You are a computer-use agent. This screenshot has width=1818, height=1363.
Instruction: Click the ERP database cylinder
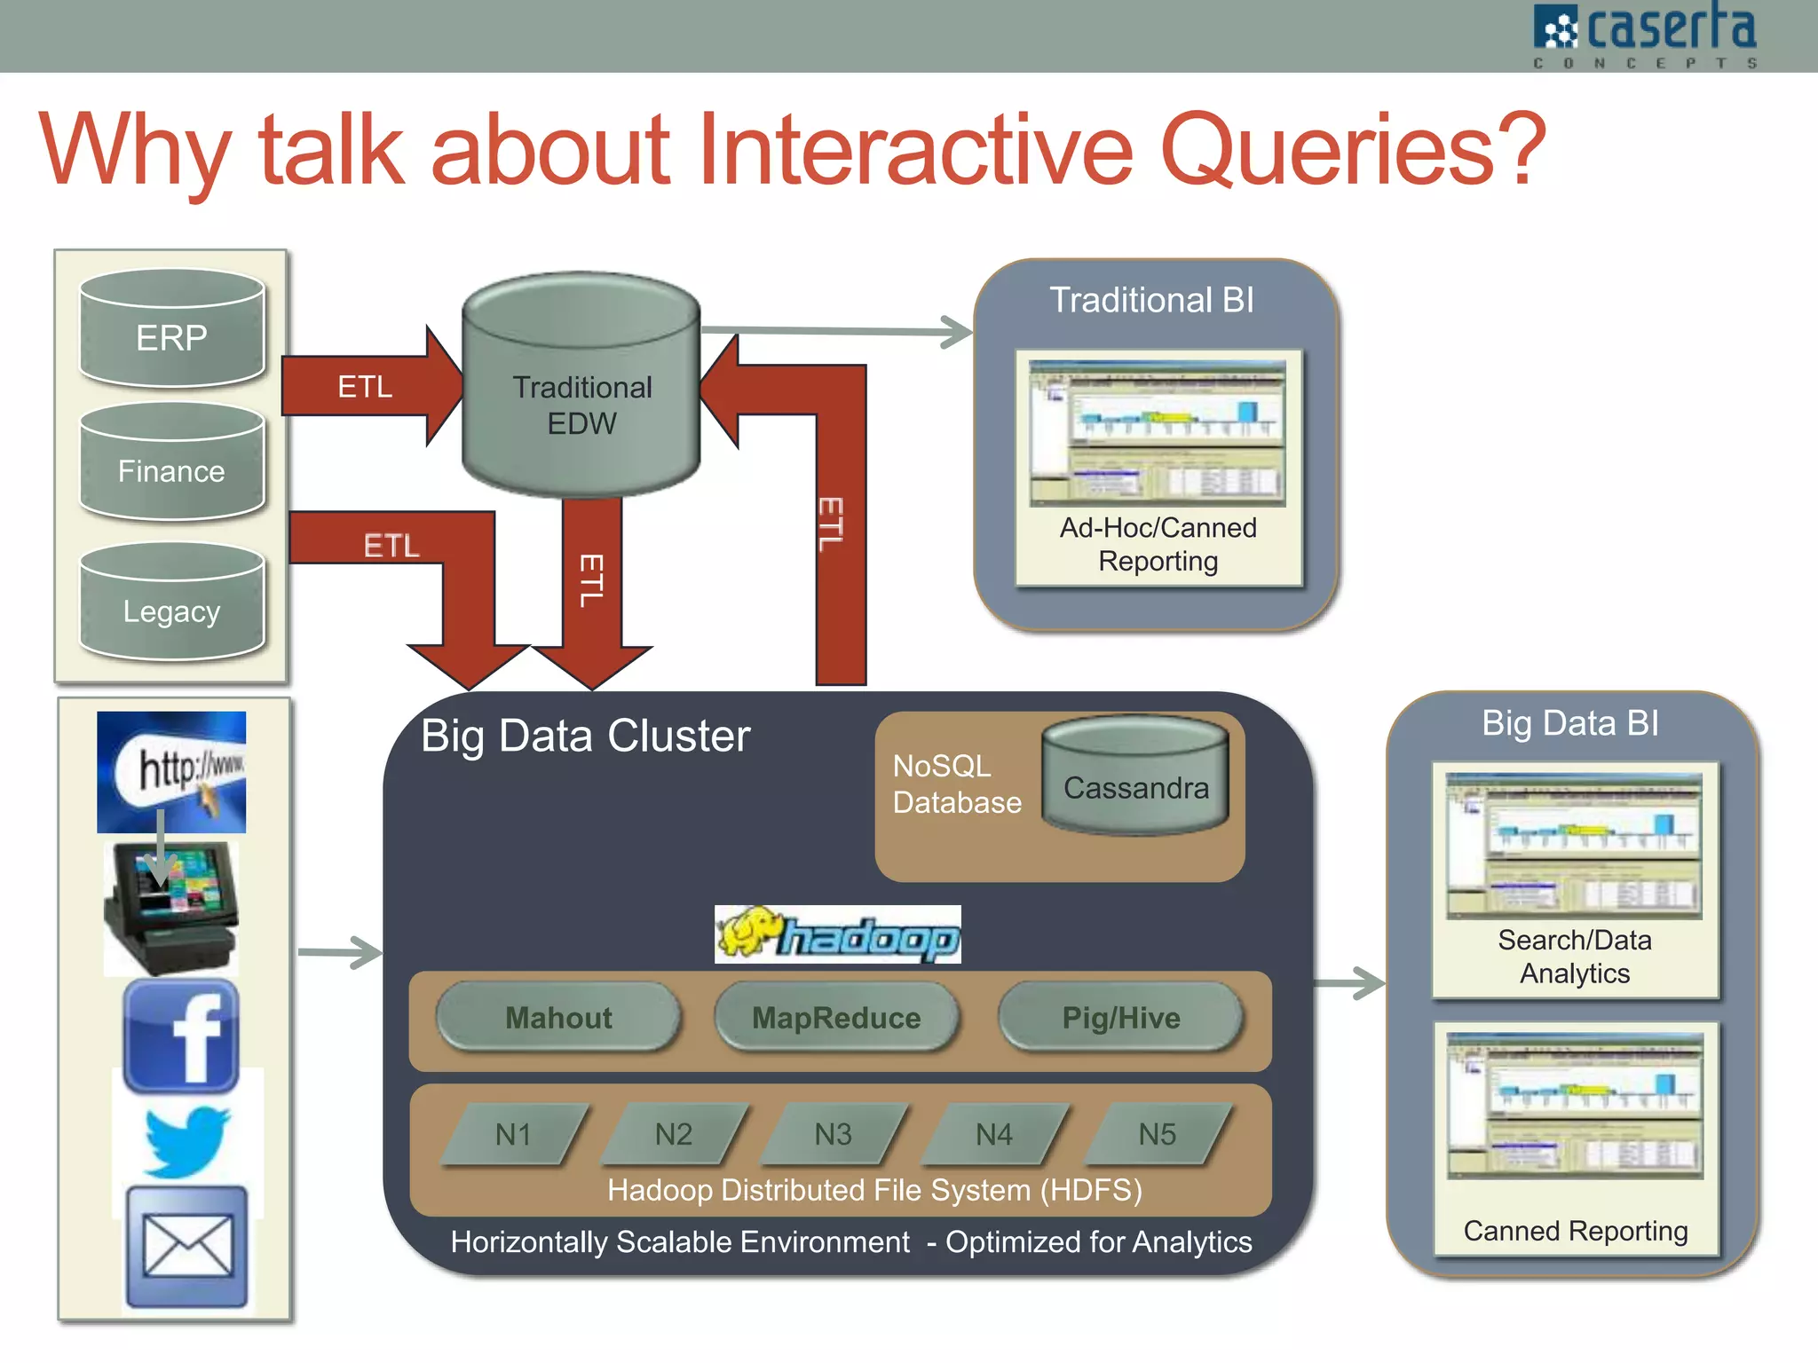pyautogui.click(x=171, y=330)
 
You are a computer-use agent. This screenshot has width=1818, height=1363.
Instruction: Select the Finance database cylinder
pyautogui.click(x=171, y=463)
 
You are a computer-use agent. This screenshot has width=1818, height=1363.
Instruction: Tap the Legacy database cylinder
pyautogui.click(x=171, y=604)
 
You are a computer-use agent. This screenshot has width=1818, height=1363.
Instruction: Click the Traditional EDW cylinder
pyautogui.click(x=581, y=390)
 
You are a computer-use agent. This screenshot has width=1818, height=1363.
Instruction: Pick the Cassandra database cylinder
pyautogui.click(x=1135, y=778)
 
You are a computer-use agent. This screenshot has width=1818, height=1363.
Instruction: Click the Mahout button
pyautogui.click(x=558, y=1017)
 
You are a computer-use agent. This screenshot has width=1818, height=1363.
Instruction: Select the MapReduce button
pyautogui.click(x=836, y=1017)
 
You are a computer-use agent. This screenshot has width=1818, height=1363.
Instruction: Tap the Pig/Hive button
pyautogui.click(x=1121, y=1017)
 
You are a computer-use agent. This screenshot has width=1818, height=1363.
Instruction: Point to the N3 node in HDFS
pyautogui.click(x=834, y=1133)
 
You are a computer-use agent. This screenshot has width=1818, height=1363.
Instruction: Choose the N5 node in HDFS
pyautogui.click(x=1158, y=1133)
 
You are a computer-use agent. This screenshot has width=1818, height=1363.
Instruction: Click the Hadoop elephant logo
pyautogui.click(x=837, y=934)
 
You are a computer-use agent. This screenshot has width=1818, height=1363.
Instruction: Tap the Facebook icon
pyautogui.click(x=181, y=1036)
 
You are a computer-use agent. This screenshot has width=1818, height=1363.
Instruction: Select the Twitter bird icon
pyautogui.click(x=187, y=1141)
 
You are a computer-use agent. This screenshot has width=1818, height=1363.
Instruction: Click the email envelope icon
pyautogui.click(x=187, y=1246)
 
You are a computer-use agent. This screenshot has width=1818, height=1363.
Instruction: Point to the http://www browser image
pyautogui.click(x=171, y=770)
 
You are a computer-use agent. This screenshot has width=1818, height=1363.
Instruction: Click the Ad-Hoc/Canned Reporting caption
pyautogui.click(x=1158, y=544)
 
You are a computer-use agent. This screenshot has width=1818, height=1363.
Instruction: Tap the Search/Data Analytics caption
pyautogui.click(x=1574, y=957)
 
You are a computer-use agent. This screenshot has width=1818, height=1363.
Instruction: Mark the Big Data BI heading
pyautogui.click(x=1569, y=723)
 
